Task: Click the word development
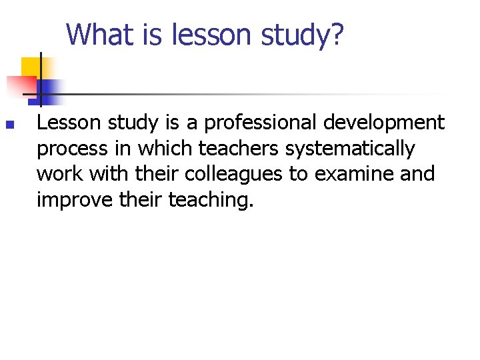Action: click(x=391, y=123)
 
